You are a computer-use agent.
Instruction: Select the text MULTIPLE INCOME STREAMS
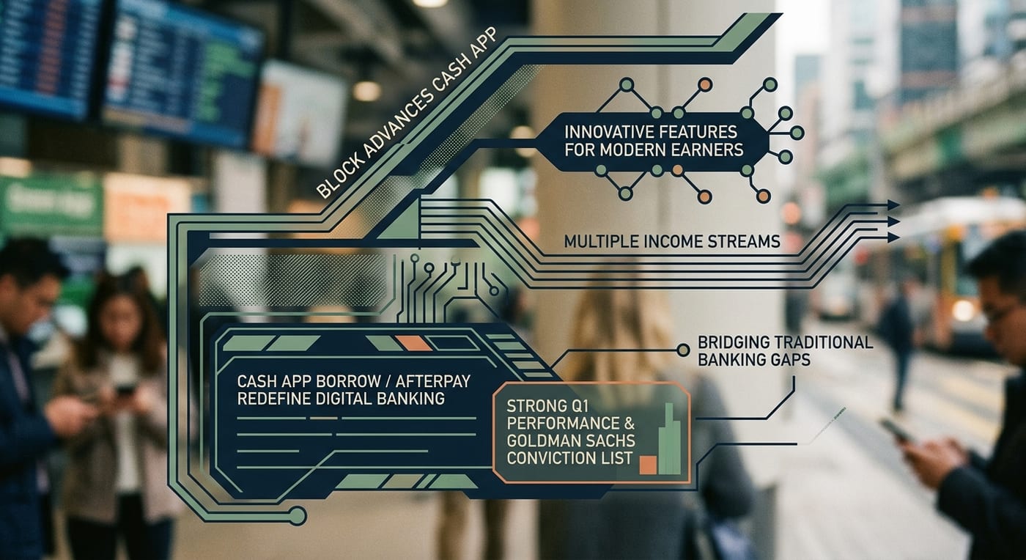672,241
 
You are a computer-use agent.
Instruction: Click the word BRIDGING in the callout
733,342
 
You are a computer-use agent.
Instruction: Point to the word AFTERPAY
433,381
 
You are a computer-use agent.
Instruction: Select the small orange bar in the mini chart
648,465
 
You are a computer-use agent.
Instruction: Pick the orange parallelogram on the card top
413,343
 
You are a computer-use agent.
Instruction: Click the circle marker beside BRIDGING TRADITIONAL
683,350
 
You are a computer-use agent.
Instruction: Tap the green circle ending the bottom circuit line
298,516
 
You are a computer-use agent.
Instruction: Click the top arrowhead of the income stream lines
893,205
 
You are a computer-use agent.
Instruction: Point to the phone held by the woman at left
124,390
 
